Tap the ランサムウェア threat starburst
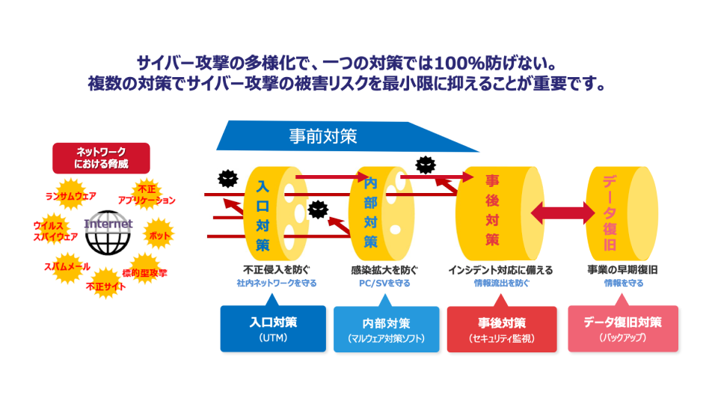pos(71,196)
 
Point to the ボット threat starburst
pos(159,235)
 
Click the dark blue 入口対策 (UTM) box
pos(273,328)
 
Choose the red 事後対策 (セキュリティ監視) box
pos(501,328)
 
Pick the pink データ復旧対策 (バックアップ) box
pos(623,328)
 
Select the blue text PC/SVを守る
pos(384,284)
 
